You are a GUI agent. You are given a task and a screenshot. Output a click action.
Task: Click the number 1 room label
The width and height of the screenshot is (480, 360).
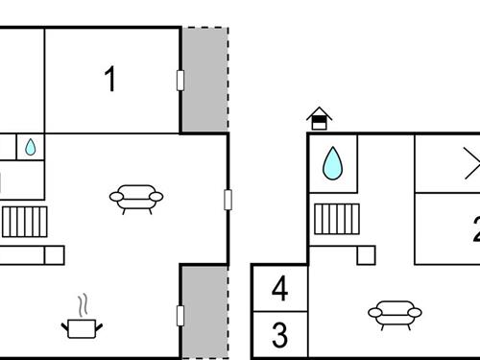click(110, 80)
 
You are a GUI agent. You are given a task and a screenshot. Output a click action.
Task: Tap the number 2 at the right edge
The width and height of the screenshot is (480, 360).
click(475, 229)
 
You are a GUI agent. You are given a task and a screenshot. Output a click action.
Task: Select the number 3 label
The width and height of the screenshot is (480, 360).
click(279, 336)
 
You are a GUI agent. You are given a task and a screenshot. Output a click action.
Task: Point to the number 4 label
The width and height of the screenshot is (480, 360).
click(279, 288)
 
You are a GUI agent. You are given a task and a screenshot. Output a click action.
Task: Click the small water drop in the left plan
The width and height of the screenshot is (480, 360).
click(30, 147)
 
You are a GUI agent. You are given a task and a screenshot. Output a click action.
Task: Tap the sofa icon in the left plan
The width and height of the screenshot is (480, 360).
click(136, 198)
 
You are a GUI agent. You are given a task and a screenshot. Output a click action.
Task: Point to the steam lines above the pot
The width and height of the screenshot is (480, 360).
click(84, 305)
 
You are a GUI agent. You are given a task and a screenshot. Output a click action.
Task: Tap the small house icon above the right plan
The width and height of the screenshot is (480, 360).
click(319, 119)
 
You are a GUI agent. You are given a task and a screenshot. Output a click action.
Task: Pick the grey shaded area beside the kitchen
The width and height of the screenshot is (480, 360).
click(204, 309)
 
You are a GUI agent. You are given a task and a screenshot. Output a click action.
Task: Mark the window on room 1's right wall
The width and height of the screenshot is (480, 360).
click(180, 80)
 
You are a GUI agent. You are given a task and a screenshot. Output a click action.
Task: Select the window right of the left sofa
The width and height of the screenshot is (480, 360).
click(228, 199)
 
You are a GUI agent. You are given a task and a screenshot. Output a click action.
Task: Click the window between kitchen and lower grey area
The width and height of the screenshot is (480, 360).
click(180, 314)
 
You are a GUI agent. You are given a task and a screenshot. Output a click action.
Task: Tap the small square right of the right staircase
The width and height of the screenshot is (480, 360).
click(366, 254)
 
